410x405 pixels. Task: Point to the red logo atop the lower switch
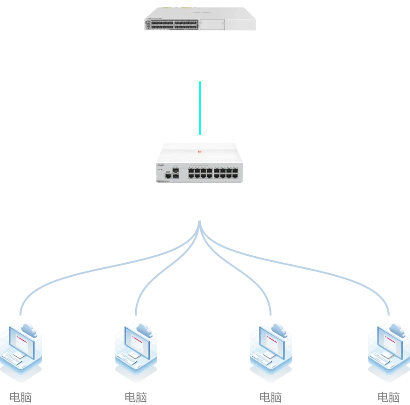pyautogui.click(x=198, y=151)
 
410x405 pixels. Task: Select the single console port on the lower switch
pyautogui.click(x=167, y=175)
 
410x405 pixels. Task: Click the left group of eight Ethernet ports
pyautogui.click(x=200, y=174)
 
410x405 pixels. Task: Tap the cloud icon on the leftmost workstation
pyautogui.click(x=29, y=330)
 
